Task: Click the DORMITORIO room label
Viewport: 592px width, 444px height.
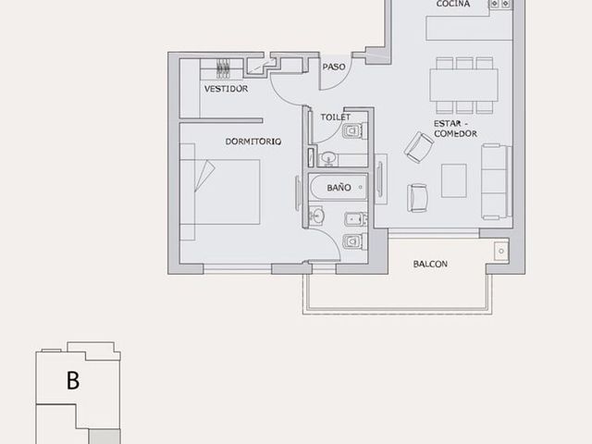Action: coord(253,142)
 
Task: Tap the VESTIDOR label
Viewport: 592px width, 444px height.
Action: coord(226,89)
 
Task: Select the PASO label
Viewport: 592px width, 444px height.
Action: coord(334,67)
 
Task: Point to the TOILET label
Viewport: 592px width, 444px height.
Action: coord(335,117)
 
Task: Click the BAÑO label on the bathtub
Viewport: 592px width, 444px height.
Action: coord(339,187)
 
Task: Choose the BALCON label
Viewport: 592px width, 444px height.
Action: coord(430,264)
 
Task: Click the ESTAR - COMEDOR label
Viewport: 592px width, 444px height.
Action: coord(455,129)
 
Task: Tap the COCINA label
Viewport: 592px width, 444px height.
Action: coord(453,4)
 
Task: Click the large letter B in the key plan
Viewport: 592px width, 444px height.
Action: coord(73,380)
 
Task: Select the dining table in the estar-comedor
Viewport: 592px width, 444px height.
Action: coord(463,85)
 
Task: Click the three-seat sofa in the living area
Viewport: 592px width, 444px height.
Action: coord(496,181)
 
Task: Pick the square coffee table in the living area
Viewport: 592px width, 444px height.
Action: coord(454,180)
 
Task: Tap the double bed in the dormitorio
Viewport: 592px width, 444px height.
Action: coord(220,191)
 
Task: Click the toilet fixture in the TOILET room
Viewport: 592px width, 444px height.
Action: coord(354,131)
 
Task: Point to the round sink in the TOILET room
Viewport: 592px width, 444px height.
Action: coord(329,157)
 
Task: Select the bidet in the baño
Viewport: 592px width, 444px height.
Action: coord(355,219)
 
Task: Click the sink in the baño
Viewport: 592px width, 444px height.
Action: coord(317,216)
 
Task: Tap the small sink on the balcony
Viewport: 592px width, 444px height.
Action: coord(501,251)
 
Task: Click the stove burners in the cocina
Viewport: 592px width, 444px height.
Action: coord(499,4)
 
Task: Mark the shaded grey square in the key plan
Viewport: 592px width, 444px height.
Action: coord(105,437)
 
